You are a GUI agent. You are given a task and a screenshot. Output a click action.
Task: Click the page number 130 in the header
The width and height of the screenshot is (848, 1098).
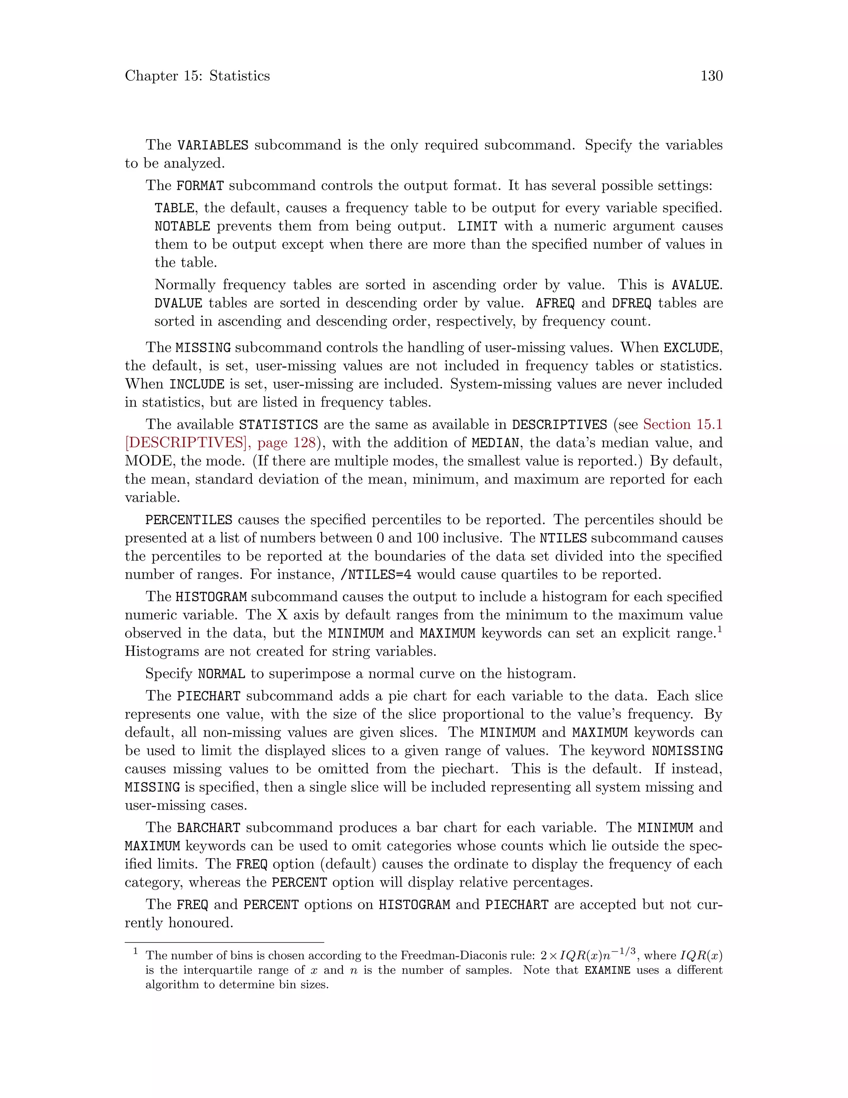pyautogui.click(x=711, y=76)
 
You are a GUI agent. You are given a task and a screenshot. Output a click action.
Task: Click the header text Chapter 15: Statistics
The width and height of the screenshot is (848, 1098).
pyautogui.click(x=197, y=76)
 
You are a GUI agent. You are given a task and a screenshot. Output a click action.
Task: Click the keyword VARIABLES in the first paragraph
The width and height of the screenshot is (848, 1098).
pyautogui.click(x=212, y=145)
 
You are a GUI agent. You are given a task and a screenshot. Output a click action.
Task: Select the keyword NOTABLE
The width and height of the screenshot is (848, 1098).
pyautogui.click(x=182, y=226)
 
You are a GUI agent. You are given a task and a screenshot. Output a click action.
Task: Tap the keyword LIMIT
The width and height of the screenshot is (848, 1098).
pyautogui.click(x=477, y=226)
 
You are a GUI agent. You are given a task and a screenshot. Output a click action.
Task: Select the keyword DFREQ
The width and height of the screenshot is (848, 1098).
pyautogui.click(x=631, y=303)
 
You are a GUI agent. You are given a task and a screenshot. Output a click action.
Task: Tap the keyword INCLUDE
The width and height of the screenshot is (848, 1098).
pyautogui.click(x=196, y=384)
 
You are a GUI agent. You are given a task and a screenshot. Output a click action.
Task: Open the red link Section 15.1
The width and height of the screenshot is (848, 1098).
pyautogui.click(x=682, y=424)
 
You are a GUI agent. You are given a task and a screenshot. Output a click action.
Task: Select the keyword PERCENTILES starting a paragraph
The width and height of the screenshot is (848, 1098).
pyautogui.click(x=188, y=520)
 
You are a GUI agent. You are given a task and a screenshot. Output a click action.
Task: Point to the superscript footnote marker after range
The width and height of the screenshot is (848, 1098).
pyautogui.click(x=719, y=629)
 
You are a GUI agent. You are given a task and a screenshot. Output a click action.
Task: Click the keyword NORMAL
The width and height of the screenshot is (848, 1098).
pyautogui.click(x=221, y=674)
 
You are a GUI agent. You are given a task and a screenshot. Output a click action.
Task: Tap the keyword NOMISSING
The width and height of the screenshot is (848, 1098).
pyautogui.click(x=687, y=751)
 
